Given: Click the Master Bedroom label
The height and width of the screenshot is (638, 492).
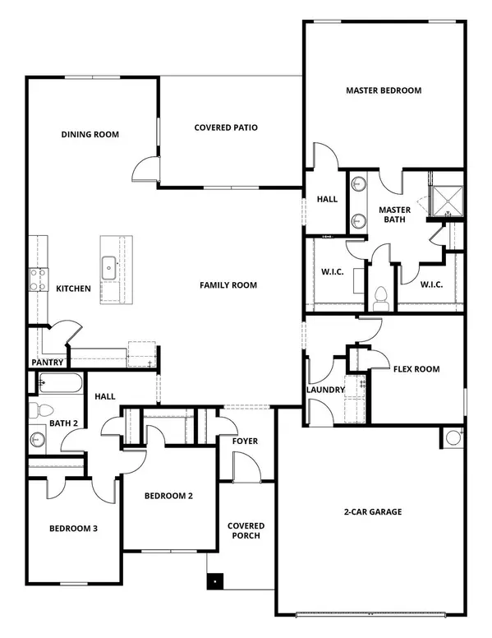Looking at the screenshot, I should point(384,90).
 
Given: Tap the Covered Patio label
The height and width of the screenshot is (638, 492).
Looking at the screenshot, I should point(226,127).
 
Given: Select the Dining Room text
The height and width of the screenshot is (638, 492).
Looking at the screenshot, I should point(90,135).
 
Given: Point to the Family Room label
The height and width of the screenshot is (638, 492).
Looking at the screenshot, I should point(228,285).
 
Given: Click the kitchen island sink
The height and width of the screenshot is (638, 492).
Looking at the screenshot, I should point(109,266).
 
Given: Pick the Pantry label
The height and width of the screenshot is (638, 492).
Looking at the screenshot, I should point(48,362).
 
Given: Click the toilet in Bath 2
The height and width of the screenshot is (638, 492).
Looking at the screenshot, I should point(43,409).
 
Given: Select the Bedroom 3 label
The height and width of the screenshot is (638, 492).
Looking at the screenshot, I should point(73,529).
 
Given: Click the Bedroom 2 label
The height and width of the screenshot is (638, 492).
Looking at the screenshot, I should point(168,496).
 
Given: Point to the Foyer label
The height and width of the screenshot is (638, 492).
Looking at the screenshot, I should point(245,442).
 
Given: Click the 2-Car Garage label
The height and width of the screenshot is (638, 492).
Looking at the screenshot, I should point(373,512).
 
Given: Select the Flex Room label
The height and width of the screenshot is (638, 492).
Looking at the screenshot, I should point(416,369).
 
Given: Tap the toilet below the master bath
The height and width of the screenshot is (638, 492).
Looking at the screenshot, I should point(379,296).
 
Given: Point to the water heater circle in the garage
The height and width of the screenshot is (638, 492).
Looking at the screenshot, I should point(453,438).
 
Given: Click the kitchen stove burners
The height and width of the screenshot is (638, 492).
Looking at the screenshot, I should point(36,280).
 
